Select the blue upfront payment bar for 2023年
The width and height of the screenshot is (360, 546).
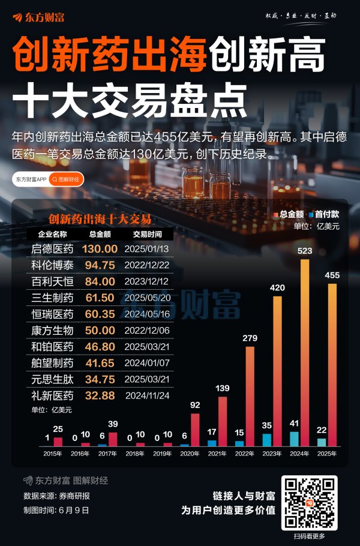coord(267,440)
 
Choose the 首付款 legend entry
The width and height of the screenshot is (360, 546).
coord(324,214)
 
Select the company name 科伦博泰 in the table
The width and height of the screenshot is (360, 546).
coord(52,265)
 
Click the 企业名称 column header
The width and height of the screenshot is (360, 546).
coord(52,234)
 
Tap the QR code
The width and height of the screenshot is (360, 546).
coord(309,502)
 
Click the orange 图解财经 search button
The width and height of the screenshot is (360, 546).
coord(66,179)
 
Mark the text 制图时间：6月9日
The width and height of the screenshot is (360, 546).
coord(56,510)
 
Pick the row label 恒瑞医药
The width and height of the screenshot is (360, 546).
coord(52,314)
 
